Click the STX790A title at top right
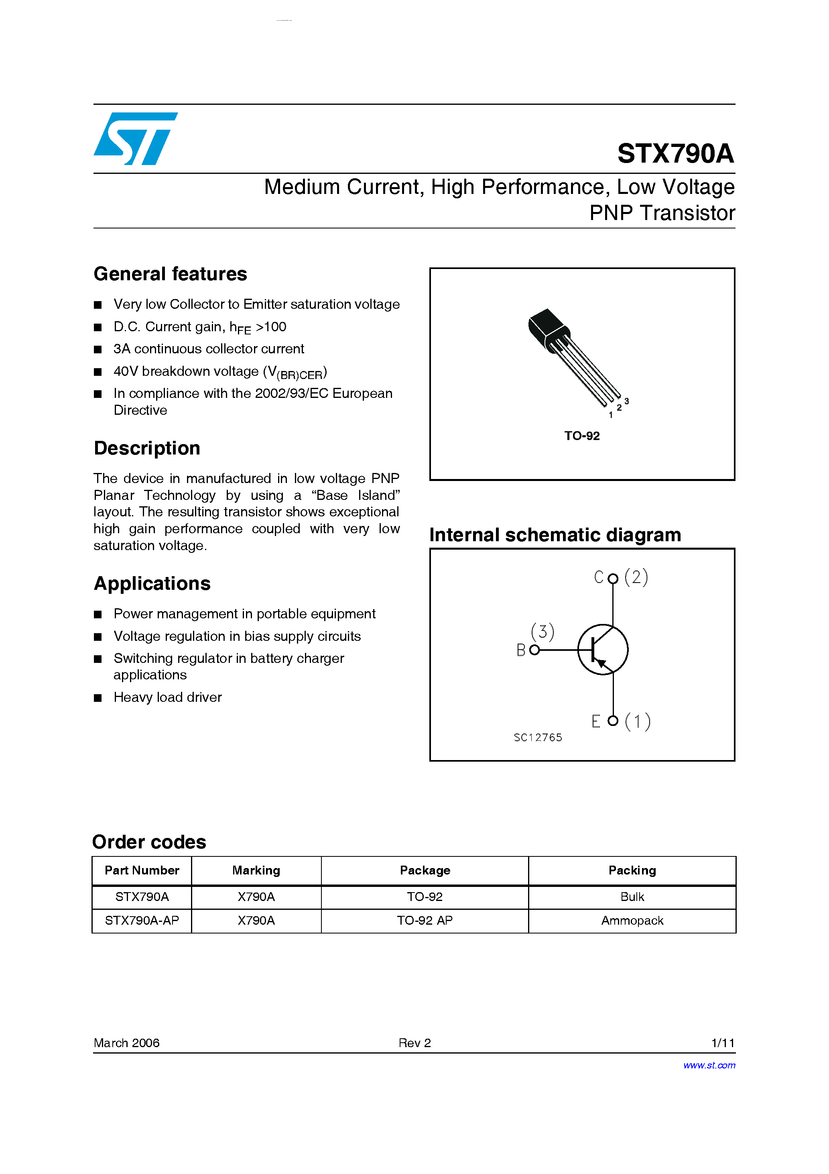tap(675, 153)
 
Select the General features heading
tap(170, 274)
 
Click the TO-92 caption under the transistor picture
tap(582, 436)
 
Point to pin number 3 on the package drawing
tap(627, 401)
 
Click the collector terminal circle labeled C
tap(613, 578)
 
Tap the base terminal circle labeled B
tap(534, 650)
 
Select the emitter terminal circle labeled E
tap(613, 720)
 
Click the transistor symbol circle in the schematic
tap(603, 649)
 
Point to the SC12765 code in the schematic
tap(538, 737)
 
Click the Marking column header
tap(256, 870)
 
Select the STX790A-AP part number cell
tap(142, 920)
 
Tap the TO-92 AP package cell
tap(425, 920)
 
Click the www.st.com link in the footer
tap(709, 1065)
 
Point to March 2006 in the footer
tap(126, 1043)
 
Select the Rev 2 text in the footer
tap(414, 1043)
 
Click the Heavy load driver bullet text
tap(168, 697)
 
